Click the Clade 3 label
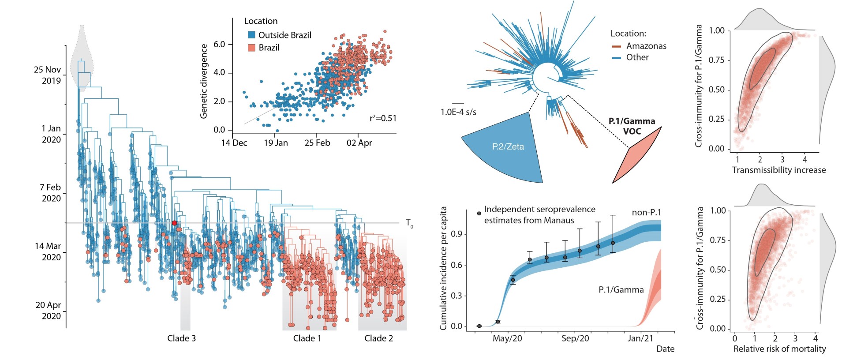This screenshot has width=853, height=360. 181,338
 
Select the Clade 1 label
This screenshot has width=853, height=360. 307,338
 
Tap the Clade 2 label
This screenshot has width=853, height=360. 378,338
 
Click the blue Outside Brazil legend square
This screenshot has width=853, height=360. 251,35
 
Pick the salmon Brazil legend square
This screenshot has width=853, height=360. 251,48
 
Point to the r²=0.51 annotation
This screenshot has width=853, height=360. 383,118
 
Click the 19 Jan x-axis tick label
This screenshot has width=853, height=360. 276,143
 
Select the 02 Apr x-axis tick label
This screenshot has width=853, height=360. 359,143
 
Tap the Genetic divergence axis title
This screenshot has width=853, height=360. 204,81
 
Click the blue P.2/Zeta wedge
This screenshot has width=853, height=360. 507,148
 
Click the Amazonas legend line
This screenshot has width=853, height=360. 617,46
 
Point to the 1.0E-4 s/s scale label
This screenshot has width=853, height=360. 458,112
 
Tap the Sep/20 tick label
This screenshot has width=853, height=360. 575,338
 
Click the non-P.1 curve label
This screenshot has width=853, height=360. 646,213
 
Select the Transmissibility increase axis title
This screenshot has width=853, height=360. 778,170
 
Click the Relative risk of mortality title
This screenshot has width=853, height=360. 779,349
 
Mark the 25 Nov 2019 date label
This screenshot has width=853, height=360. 47,75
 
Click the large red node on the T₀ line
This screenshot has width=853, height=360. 174,223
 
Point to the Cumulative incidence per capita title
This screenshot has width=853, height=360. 443,268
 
